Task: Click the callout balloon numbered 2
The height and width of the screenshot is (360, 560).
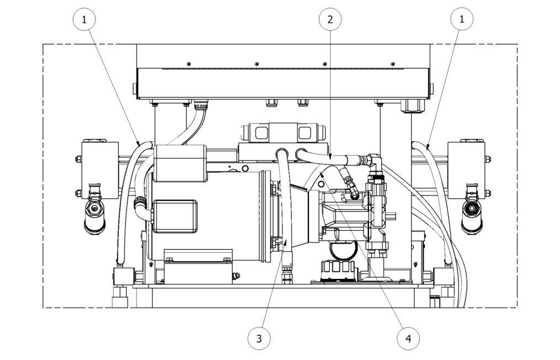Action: tap(330, 19)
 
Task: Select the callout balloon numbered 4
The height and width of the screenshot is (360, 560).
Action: tap(408, 337)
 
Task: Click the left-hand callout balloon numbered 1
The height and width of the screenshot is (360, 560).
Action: tap(84, 19)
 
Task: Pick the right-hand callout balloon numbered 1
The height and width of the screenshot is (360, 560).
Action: tap(462, 19)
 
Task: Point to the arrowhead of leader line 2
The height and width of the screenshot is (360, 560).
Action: tap(330, 160)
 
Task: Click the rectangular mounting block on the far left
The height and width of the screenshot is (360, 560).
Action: tap(98, 169)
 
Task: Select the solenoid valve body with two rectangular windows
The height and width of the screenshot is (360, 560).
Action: tap(281, 133)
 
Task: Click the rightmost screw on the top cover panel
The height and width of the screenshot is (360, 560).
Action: tap(393, 63)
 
